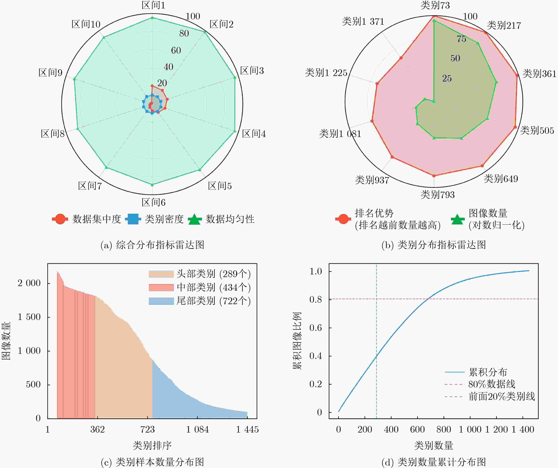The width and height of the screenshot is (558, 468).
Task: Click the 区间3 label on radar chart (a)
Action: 252,71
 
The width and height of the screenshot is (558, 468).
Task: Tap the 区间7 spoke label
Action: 90,186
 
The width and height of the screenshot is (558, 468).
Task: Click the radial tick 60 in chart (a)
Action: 176,50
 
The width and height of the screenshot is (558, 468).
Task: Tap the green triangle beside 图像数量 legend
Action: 458,219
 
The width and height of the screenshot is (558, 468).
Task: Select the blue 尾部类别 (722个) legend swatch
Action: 161,301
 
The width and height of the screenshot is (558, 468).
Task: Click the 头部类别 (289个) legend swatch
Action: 161,274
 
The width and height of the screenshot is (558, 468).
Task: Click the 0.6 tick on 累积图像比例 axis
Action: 315,328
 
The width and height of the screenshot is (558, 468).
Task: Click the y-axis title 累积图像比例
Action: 297,341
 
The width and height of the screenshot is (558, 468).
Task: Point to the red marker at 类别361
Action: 517,75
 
